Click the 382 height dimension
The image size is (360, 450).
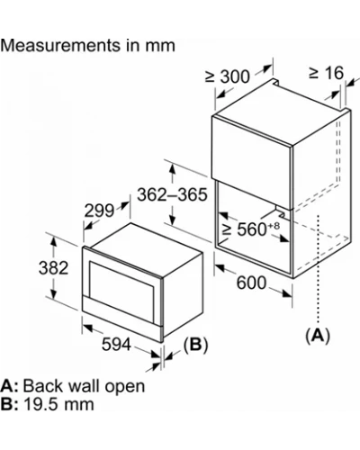coord(53,268)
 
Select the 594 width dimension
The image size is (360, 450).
coord(116,344)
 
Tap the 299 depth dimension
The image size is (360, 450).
coord(99,211)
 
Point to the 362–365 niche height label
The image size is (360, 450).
coord(172,194)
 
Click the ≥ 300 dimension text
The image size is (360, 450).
coord(228,76)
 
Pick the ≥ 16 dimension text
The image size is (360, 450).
coord(327,73)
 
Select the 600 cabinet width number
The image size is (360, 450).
coord(251,283)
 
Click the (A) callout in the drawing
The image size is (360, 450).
coord(318,335)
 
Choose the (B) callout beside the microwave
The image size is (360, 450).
coord(195,345)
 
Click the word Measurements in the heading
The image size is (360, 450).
coord(60,46)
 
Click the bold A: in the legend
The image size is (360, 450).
coord(10,386)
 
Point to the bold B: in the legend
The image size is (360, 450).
coord(10,404)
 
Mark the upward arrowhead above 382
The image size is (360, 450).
coord(53,240)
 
